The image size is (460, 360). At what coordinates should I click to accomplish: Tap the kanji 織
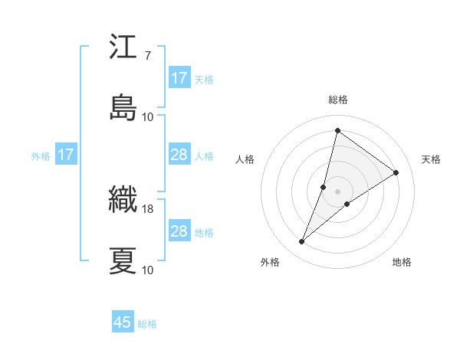click(x=123, y=201)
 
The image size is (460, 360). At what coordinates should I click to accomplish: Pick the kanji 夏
click(x=123, y=260)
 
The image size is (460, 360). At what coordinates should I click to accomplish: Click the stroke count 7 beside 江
click(x=147, y=56)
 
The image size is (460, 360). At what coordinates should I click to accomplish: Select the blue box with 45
click(x=123, y=322)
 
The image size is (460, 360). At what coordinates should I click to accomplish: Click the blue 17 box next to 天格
click(x=179, y=78)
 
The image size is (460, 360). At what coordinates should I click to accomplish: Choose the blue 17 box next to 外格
click(x=66, y=155)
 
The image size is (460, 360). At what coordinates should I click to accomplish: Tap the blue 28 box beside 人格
click(x=179, y=155)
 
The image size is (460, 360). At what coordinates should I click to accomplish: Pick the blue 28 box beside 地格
click(x=179, y=231)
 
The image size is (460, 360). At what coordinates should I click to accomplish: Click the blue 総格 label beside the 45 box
click(x=148, y=324)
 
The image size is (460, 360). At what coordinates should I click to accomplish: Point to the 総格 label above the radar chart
click(x=338, y=100)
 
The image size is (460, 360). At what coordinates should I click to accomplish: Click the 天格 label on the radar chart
click(x=431, y=159)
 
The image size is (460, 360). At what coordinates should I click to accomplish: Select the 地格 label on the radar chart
click(x=402, y=262)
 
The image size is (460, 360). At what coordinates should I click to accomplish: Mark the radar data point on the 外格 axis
click(x=302, y=242)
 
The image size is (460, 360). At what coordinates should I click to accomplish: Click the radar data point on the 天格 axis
click(x=396, y=172)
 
